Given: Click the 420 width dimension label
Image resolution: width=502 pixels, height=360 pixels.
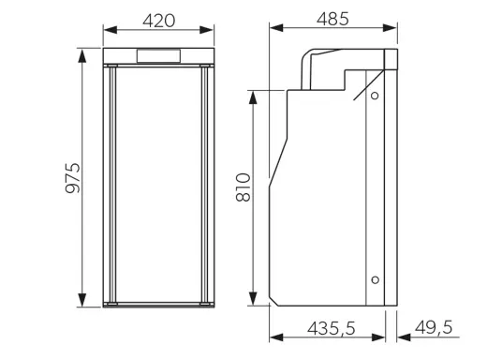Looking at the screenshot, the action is pos(159,21).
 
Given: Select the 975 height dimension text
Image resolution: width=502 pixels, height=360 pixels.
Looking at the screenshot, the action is pos(73,178).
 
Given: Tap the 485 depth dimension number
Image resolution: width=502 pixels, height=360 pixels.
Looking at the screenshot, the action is pos(332,19).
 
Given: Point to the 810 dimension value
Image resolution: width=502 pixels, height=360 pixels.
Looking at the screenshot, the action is pos(243,187).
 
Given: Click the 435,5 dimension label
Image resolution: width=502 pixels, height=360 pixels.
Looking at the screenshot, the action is pos(332,328).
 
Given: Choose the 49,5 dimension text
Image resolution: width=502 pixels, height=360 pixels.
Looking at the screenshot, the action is pos(434,327).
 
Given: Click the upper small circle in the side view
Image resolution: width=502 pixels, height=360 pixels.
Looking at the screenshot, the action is pos(375,96).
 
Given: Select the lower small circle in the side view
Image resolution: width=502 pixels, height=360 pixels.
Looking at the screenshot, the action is pos(376,280).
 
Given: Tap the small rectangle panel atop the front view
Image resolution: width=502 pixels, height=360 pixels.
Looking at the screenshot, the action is pos(159,56).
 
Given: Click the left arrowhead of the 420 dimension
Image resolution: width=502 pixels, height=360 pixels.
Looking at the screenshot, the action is pos(111,30).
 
